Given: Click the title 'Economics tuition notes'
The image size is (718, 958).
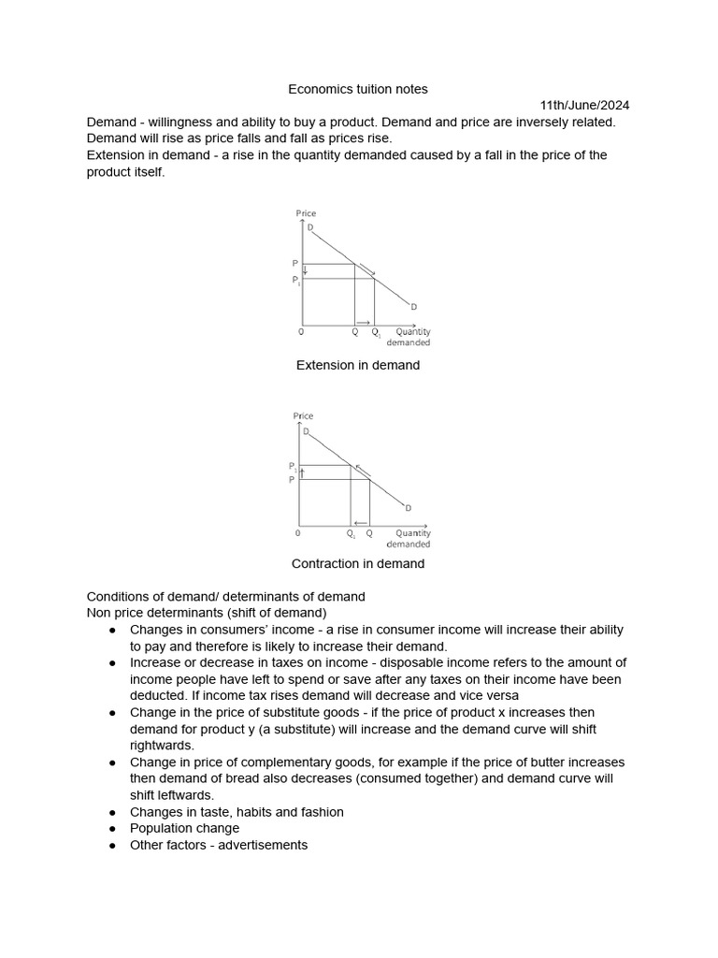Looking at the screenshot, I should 358,89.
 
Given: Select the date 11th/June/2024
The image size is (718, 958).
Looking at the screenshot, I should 585,106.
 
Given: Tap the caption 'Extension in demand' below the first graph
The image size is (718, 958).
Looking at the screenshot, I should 358,365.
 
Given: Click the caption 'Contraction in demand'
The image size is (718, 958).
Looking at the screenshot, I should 358,563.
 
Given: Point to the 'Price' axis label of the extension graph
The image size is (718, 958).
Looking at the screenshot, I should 306,213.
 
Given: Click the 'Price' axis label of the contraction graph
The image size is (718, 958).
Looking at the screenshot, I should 303,415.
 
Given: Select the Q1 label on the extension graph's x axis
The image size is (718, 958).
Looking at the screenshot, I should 376,332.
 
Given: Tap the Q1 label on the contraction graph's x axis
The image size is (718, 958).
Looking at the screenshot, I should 351,534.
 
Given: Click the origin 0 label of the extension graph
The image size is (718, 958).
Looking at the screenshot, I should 300,332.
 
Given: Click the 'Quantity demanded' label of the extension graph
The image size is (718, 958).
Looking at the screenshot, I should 412,337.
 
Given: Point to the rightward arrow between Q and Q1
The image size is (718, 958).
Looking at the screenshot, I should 364,323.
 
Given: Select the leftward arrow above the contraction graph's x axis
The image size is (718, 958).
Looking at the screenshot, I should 360,523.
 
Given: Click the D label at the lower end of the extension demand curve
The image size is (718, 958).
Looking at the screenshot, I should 413,307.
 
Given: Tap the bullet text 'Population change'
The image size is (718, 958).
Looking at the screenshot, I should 184,828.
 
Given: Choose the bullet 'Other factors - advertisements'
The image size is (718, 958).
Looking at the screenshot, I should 218,845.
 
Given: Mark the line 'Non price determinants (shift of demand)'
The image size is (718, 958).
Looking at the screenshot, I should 206,613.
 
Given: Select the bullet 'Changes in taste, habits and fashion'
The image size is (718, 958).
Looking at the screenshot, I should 237,812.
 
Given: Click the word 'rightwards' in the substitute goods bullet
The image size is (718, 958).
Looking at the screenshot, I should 161,746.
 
